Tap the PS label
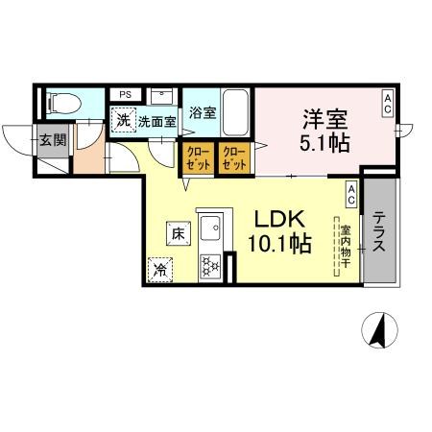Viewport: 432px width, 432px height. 125,94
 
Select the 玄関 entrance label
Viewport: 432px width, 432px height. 52,138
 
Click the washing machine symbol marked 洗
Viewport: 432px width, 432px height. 122,121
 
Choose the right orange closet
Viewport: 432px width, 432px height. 232,158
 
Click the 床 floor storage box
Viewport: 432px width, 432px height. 177,231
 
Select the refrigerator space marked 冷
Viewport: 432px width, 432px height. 158,270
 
